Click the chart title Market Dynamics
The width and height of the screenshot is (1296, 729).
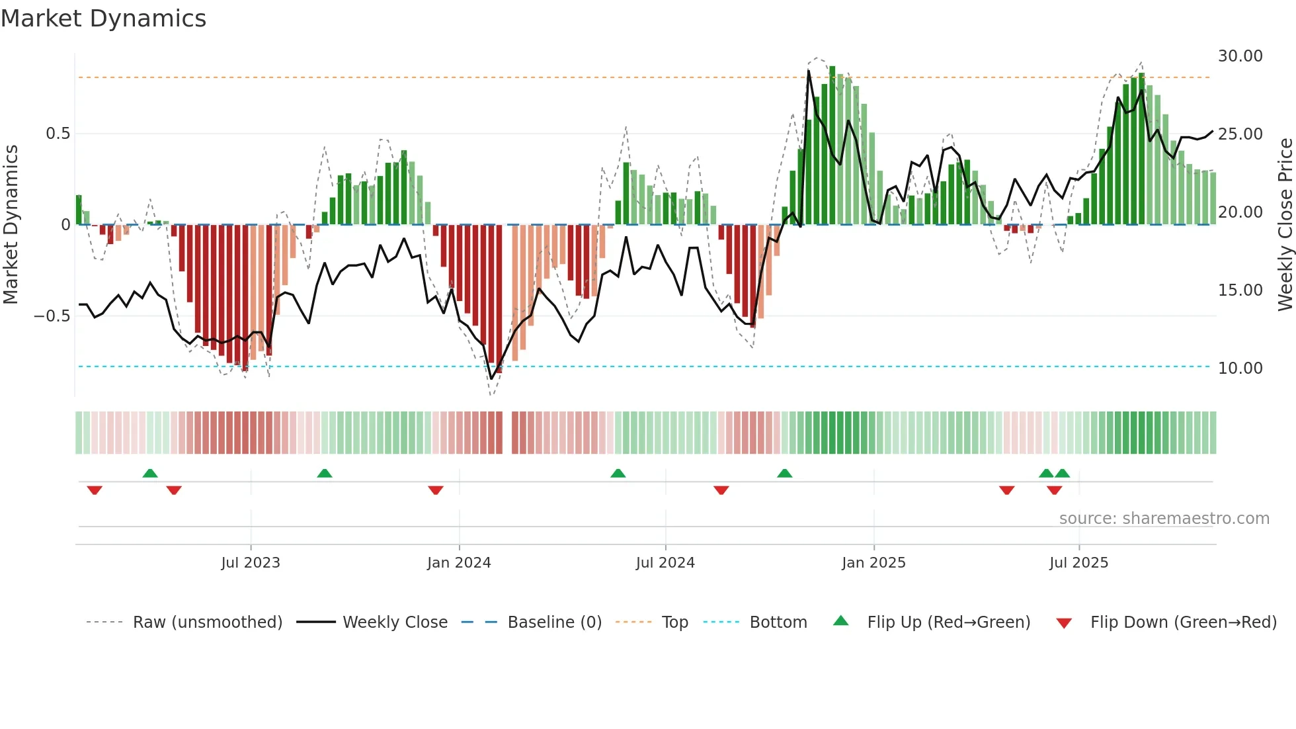tap(103, 19)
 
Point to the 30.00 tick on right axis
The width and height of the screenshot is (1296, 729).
tap(1240, 56)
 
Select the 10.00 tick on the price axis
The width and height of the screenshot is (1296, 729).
tap(1240, 368)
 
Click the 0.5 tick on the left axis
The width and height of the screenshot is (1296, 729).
tap(58, 134)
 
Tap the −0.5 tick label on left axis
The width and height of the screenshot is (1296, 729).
tap(52, 316)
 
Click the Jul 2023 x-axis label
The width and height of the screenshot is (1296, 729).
tap(251, 563)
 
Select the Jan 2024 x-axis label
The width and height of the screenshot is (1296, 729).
tap(459, 563)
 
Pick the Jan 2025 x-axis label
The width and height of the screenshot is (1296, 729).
tap(873, 563)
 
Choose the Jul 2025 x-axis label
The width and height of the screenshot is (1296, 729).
tap(1078, 563)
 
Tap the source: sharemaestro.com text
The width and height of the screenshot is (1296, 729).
tap(1164, 519)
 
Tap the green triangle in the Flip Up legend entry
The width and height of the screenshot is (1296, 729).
tap(840, 621)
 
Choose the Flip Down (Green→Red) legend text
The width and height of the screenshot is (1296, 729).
tap(1183, 622)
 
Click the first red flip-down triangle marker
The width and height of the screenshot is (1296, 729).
tap(95, 490)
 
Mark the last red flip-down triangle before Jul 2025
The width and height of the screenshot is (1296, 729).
tap(1054, 490)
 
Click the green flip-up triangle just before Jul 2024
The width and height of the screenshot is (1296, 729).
tap(618, 473)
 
